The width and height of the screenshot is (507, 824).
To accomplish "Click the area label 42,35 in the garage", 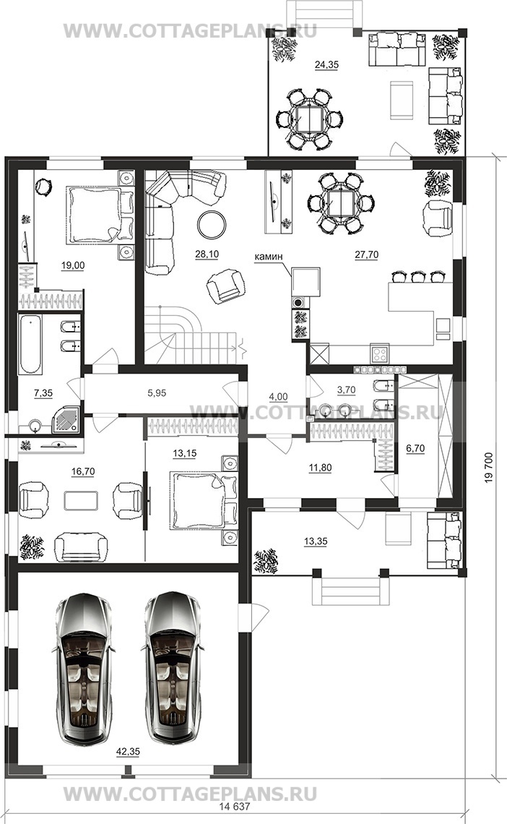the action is (128, 752).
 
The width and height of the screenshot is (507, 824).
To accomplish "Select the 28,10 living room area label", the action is (207, 254).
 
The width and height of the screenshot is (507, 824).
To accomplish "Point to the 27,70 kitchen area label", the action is (366, 254).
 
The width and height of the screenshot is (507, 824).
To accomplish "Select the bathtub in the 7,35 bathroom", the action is (32, 344).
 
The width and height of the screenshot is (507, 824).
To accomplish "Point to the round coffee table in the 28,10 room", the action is (212, 225).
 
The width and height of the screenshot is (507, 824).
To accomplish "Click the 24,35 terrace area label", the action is (326, 65).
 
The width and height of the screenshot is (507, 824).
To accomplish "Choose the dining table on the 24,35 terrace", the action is (310, 120).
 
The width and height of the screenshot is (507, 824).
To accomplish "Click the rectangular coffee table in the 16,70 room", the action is (81, 500).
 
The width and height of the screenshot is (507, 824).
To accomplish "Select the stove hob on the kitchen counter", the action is (379, 353).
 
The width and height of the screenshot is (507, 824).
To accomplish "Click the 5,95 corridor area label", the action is (157, 392).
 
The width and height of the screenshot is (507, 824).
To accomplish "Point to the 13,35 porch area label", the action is (315, 541).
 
